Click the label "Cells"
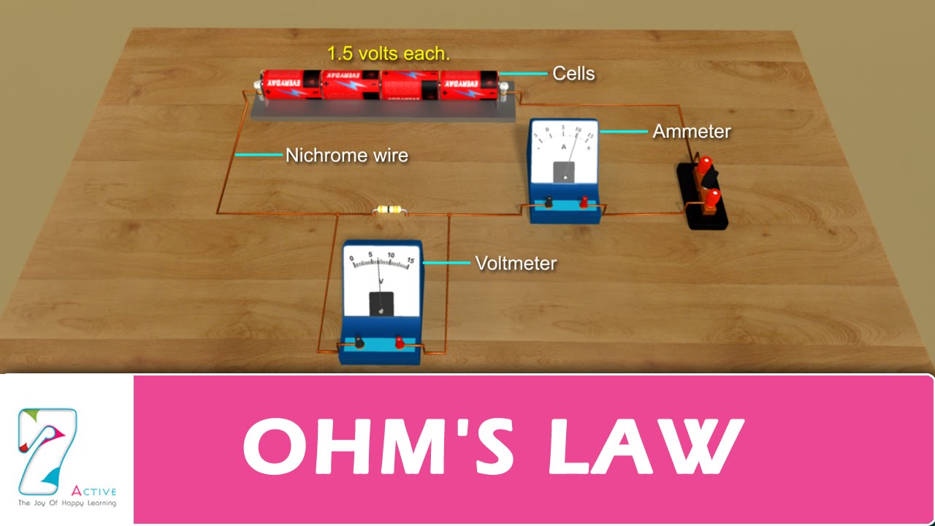(573, 73)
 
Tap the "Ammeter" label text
(691, 131)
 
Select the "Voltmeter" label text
(516, 263)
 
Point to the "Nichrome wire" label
(346, 155)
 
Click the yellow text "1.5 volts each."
(388, 53)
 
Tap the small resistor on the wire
(387, 210)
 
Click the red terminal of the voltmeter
(400, 341)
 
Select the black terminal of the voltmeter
(359, 341)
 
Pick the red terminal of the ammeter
(584, 202)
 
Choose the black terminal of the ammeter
(548, 202)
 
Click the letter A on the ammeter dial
(563, 148)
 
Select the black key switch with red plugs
(703, 194)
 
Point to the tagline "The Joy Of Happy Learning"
(67, 503)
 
